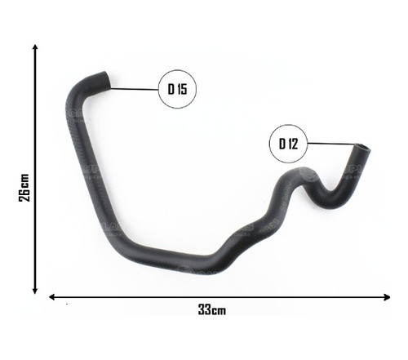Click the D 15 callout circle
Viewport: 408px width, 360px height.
177,90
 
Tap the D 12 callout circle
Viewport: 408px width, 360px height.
287,144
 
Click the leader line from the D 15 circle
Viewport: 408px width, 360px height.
134,88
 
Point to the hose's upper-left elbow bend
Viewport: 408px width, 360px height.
75,95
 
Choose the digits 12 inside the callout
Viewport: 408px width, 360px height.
291,144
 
